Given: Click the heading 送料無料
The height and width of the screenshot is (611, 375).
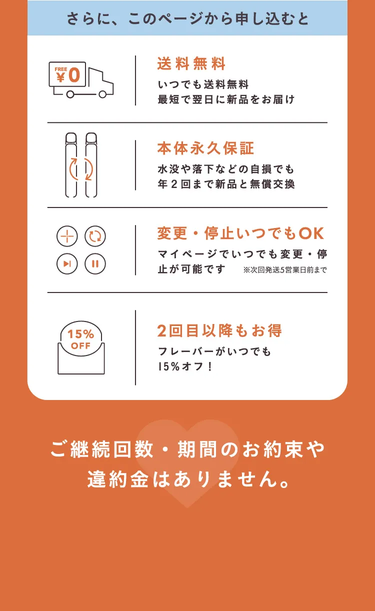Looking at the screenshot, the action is coord(191,64).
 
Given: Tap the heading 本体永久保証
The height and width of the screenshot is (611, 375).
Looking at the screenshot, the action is coord(205,148).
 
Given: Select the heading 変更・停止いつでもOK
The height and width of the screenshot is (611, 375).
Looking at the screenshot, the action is coord(240,233).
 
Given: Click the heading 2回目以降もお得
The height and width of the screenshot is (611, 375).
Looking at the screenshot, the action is coord(219,330).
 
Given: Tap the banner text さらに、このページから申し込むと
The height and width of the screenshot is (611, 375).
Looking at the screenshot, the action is coord(187,18).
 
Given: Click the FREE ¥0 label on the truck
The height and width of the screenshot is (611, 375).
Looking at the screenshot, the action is coord(67,74).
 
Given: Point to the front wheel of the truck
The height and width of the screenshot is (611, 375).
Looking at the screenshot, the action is coord(102,94).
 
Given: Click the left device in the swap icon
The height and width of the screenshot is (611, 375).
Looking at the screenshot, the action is coord(71,165).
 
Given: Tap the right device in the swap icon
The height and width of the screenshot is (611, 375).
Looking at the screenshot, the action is coord(91,165).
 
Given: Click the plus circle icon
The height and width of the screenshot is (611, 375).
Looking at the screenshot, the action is coord(67,236).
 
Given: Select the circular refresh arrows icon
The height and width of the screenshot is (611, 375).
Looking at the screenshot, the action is coord(95,236).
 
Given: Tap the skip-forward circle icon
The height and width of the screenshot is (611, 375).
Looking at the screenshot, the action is coord(67,264).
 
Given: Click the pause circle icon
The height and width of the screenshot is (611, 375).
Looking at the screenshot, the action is coord(95,264).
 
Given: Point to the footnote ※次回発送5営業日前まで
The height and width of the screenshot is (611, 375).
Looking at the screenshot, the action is coord(285,270).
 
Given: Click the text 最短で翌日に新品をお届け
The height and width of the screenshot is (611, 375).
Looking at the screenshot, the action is coord(226,99).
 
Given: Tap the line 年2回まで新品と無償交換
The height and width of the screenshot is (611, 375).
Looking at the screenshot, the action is coord(226,184).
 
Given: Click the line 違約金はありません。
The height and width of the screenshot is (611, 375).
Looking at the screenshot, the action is coord(188,479).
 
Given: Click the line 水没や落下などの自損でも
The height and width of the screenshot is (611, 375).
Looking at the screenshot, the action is coord(226,169).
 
